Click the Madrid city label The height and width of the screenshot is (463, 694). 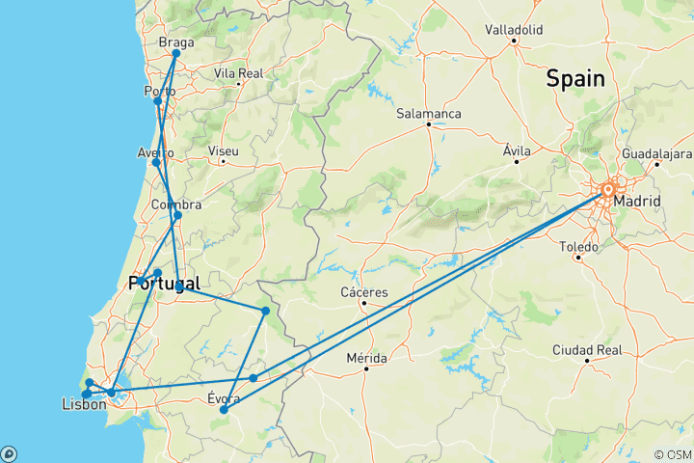click(637, 201)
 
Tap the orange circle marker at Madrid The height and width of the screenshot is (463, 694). click(608, 190)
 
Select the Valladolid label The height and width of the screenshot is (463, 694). click(514, 29)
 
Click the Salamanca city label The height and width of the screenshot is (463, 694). click(429, 114)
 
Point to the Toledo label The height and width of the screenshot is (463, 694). click(579, 246)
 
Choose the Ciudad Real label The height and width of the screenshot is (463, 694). click(587, 349)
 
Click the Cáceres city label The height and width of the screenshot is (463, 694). click(364, 292)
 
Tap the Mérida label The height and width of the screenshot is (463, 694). click(366, 357)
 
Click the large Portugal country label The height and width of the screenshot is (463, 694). click(164, 284)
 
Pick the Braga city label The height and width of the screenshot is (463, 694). click(175, 43)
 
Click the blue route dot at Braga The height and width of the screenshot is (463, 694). click(176, 54)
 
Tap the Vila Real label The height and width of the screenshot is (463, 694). click(238, 73)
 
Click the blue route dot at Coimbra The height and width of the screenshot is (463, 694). click(177, 215)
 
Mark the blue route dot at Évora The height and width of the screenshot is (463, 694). click(224, 410)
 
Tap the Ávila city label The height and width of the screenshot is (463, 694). click(517, 150)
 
